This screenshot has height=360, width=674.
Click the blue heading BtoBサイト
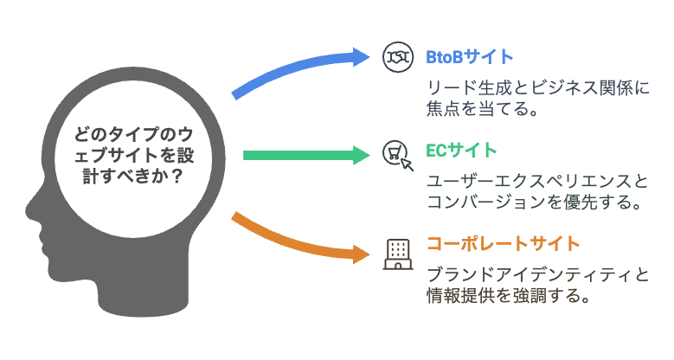pyautogui.click(x=470, y=57)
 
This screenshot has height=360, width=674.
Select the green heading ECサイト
pyautogui.click(x=461, y=151)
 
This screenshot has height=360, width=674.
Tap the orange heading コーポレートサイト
pyautogui.click(x=503, y=244)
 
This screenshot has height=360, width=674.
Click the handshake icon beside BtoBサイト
pyautogui.click(x=398, y=57)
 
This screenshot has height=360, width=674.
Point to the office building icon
pyautogui.click(x=398, y=254)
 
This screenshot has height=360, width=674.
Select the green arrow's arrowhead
pyautogui.click(x=361, y=155)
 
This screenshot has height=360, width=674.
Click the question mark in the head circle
pyautogui.click(x=176, y=177)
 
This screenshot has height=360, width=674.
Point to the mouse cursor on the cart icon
pyautogui.click(x=407, y=164)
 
